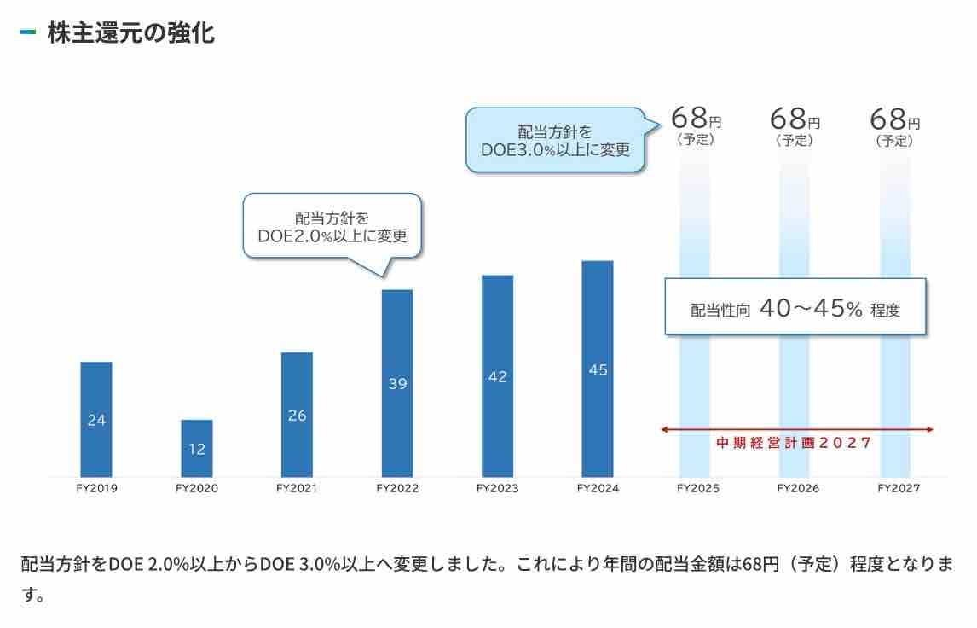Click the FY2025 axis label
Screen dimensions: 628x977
(x=698, y=489)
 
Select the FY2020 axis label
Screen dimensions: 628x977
(x=197, y=489)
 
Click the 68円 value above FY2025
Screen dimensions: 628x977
(x=696, y=119)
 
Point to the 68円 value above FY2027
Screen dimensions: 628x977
(x=894, y=119)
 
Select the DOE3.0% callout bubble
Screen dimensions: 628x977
(x=555, y=140)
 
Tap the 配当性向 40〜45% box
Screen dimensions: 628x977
(x=795, y=308)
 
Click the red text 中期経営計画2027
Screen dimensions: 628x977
(x=795, y=443)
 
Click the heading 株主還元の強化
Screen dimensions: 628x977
(x=130, y=33)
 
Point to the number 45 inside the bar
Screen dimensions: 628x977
(x=598, y=370)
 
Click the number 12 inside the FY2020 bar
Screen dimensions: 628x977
(x=197, y=449)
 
